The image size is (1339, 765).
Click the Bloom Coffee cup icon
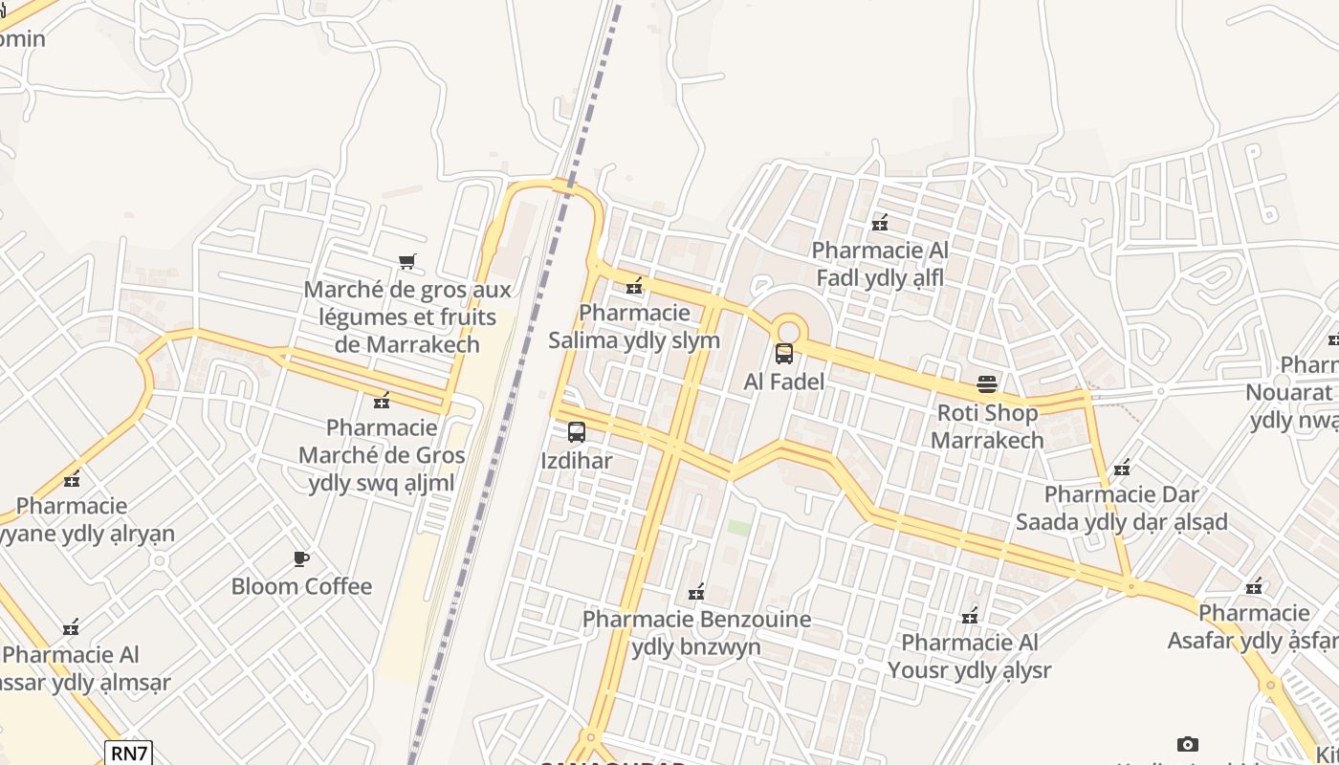[x=301, y=558]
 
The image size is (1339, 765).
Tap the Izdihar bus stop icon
[x=576, y=432]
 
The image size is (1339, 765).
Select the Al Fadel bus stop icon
[x=784, y=354]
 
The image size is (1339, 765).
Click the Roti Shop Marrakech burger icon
[x=987, y=384]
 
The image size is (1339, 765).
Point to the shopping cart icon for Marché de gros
[x=407, y=261]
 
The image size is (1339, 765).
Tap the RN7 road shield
[x=129, y=754]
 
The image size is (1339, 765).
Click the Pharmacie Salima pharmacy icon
[x=634, y=285]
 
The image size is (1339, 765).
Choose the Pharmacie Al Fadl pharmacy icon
[x=880, y=223]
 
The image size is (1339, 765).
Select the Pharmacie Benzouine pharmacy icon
[x=696, y=592]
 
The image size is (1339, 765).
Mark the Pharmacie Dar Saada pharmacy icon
[x=1122, y=468]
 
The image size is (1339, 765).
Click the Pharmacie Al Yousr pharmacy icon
[x=970, y=615]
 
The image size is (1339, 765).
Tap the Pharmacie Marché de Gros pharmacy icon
[x=382, y=400]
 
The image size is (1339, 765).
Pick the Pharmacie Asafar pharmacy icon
[x=1254, y=585]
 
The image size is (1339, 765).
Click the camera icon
[x=1187, y=744]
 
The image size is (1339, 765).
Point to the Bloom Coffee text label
[x=301, y=586]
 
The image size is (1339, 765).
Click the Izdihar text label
[x=577, y=461]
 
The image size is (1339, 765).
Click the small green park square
[x=737, y=527]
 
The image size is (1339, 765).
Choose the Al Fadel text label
[x=784, y=382]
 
